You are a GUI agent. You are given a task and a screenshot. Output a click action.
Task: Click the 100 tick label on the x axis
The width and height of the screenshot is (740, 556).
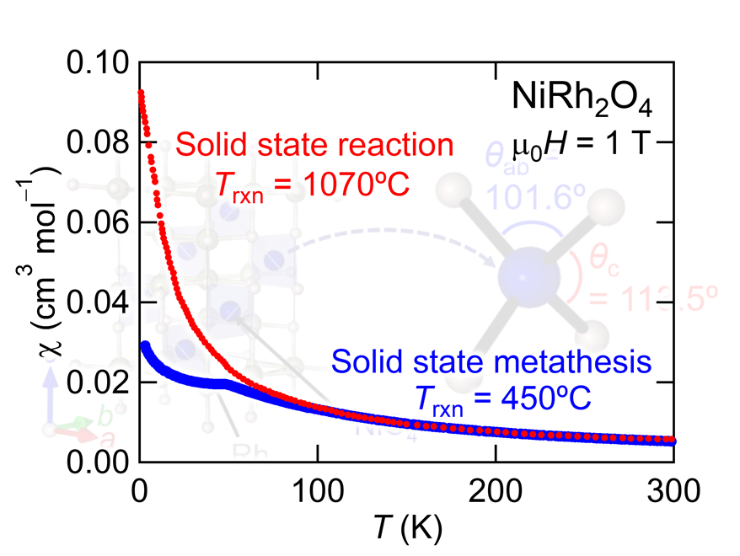click(317, 490)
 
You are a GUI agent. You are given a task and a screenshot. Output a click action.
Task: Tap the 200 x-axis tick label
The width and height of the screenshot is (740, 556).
click(496, 490)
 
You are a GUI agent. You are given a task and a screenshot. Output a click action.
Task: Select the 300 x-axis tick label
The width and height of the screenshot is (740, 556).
click(674, 490)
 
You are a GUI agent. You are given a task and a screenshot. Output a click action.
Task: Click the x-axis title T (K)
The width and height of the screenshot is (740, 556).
click(406, 529)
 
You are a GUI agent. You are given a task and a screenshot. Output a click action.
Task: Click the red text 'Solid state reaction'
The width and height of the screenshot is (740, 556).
click(315, 144)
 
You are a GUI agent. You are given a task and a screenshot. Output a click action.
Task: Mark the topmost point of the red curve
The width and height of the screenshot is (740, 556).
click(140, 93)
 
